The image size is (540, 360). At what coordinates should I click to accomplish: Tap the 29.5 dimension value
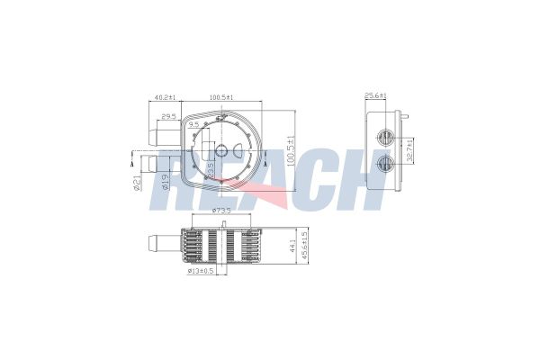click(x=168, y=116)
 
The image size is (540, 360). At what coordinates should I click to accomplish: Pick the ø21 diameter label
click(x=137, y=183)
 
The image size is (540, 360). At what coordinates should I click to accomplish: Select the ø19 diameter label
click(x=164, y=183)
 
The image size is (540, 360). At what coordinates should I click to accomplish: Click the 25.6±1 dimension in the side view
click(x=375, y=95)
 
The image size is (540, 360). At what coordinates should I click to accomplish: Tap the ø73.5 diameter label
click(x=220, y=211)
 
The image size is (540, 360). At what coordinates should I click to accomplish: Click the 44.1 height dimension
click(x=289, y=245)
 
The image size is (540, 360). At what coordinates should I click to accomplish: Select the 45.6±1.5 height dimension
click(x=306, y=245)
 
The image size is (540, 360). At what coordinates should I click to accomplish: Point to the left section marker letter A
click(x=132, y=164)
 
